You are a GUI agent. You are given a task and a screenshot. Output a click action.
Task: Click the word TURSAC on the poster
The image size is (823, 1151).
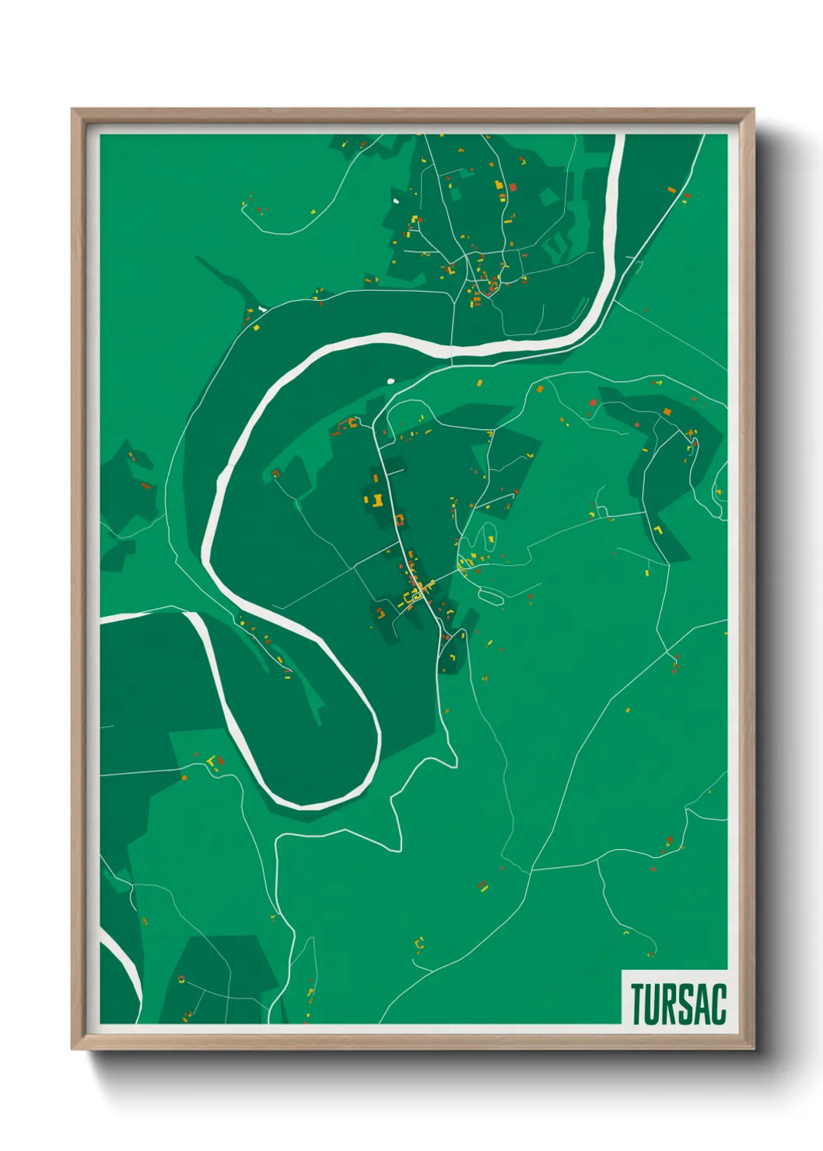click(x=678, y=1004)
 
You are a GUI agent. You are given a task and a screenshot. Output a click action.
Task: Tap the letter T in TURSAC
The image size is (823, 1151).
click(x=638, y=1004)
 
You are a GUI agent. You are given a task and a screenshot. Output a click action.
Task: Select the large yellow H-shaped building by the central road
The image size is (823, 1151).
click(x=375, y=499)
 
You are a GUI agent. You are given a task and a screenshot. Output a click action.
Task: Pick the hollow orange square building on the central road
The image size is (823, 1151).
click(x=400, y=520)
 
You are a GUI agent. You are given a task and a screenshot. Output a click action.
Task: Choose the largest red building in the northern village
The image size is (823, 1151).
click(x=512, y=187)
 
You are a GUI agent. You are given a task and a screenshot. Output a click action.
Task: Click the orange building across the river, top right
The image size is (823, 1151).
click(x=671, y=189)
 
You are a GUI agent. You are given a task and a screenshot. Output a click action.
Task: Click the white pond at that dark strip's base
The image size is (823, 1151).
click(x=263, y=309)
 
